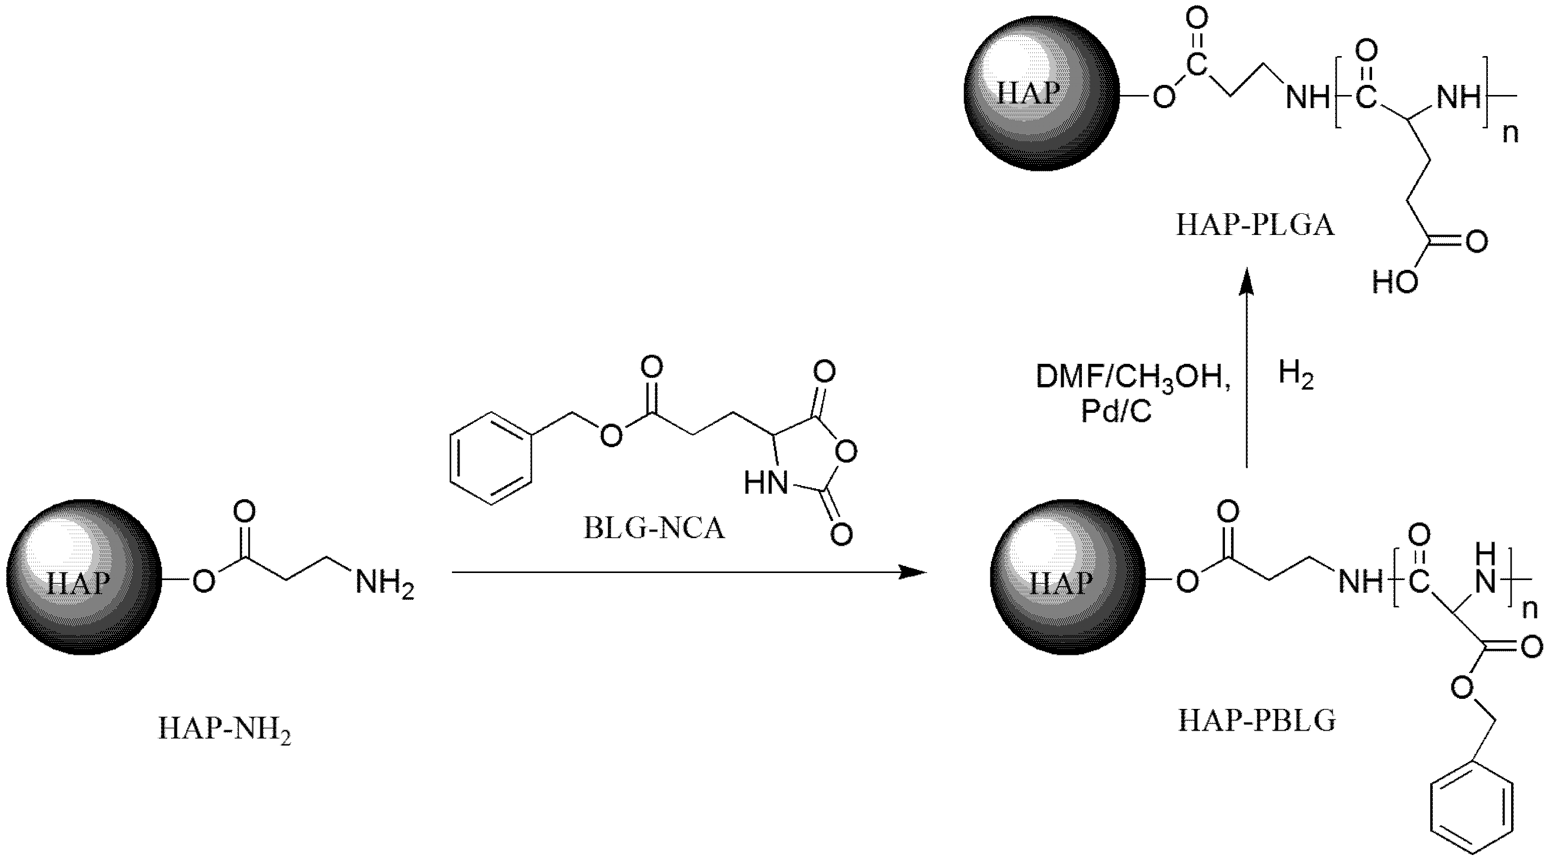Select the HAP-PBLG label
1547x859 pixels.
tap(1257, 721)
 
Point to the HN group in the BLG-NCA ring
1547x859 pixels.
tap(766, 483)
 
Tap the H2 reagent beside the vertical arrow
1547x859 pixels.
tap(1296, 376)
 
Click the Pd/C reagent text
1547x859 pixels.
tap(1116, 412)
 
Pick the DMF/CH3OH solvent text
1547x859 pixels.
tap(1131, 377)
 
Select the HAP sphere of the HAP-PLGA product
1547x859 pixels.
tap(1041, 93)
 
